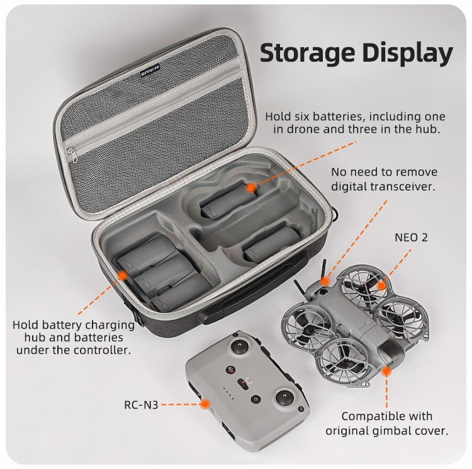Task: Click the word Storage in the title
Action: [307, 54]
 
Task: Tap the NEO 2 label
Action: [411, 237]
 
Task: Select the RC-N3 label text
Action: [141, 405]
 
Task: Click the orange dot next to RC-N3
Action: [205, 404]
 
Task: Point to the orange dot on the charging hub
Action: [122, 276]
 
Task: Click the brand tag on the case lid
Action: [150, 70]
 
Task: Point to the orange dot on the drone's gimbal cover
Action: [386, 371]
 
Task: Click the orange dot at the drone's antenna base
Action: [325, 281]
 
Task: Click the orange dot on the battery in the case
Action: [250, 188]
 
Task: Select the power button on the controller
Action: [256, 399]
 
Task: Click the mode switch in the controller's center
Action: [243, 384]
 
